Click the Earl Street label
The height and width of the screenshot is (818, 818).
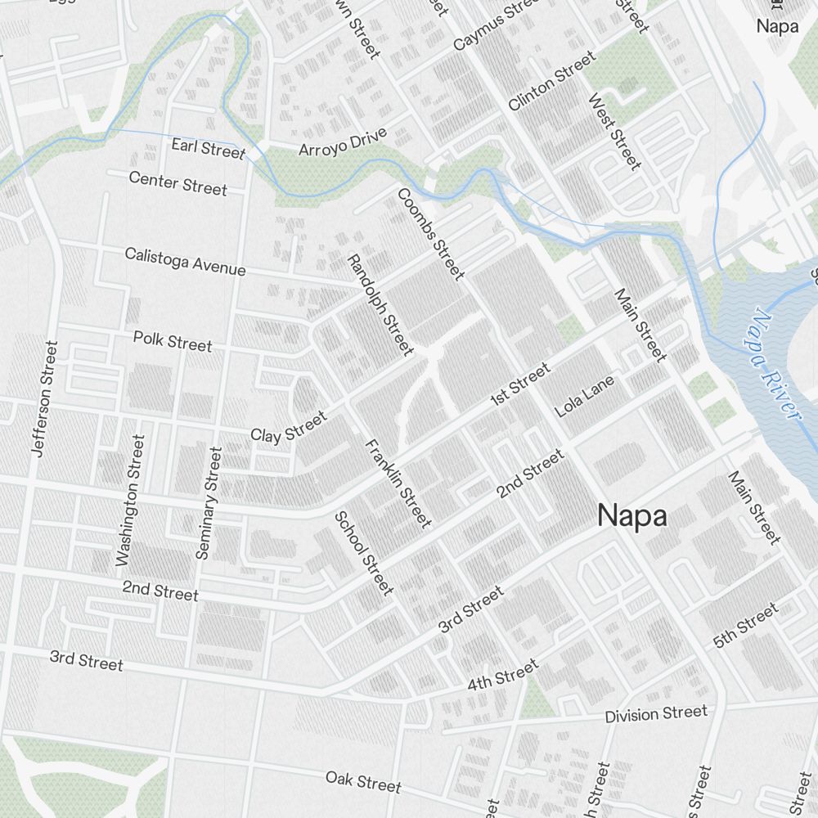click(208, 149)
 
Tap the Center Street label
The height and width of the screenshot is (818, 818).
click(178, 183)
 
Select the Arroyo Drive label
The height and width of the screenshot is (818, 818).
click(342, 142)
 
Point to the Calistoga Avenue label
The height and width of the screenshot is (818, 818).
click(185, 262)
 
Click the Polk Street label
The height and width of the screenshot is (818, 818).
click(173, 341)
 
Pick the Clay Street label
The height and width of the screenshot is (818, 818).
click(288, 427)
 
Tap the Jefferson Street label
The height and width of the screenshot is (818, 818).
click(44, 398)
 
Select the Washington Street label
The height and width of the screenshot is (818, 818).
click(130, 501)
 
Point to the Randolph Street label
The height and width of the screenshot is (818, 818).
click(380, 304)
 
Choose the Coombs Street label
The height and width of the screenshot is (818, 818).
click(431, 233)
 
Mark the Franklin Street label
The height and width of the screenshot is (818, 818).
click(398, 483)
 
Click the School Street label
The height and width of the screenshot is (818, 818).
click(364, 553)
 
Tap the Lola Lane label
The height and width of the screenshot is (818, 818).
click(584, 397)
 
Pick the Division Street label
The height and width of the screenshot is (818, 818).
click(655, 714)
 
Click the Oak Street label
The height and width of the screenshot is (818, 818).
click(363, 781)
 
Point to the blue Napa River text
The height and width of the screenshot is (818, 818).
click(772, 364)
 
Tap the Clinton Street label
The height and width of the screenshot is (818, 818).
click(551, 81)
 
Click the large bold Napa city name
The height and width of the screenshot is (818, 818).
click(631, 516)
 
